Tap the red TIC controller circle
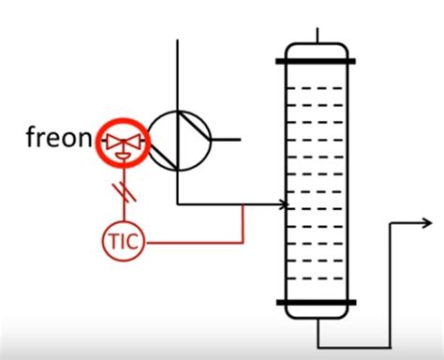124,242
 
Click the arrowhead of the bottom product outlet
425,223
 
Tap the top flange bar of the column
317,62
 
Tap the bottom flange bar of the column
317,302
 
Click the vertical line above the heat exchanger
177,75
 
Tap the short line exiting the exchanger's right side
225,140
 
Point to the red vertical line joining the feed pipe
244,223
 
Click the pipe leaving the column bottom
318,333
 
